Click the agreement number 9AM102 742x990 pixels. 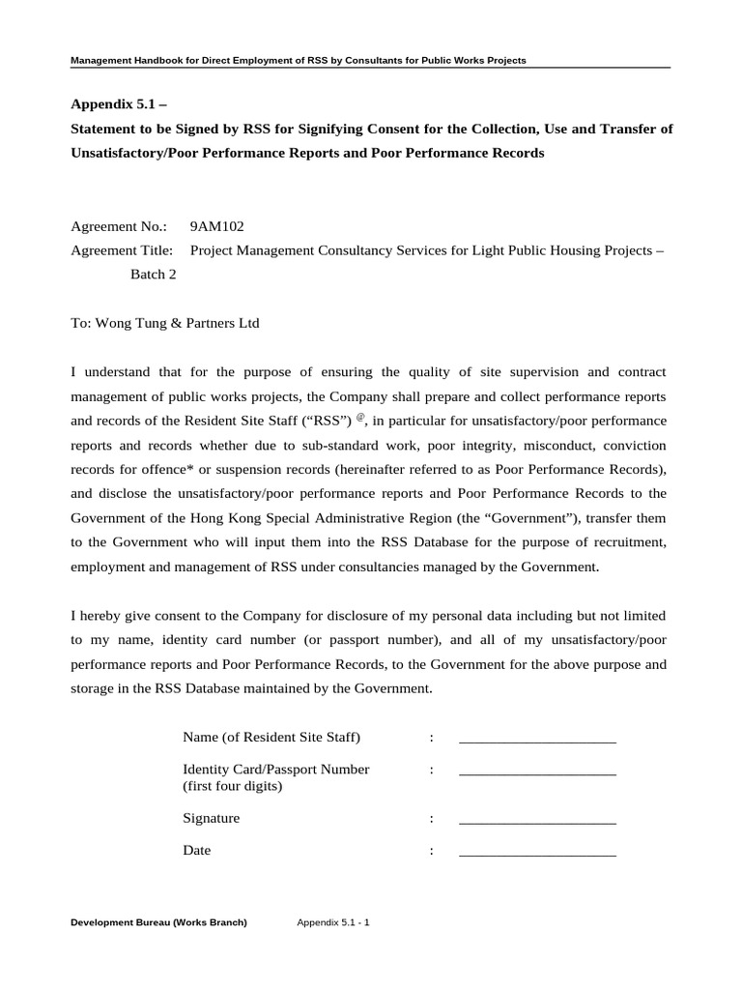coord(217,227)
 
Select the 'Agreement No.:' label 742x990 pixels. coord(120,227)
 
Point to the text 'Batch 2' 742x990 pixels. coord(154,274)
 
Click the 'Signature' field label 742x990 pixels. coord(211,818)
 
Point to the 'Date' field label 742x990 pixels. coord(196,851)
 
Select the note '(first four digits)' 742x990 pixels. coord(232,786)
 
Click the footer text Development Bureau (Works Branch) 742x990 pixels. coord(159,922)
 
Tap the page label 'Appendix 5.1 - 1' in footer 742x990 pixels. coord(333,922)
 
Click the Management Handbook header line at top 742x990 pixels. coord(299,61)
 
